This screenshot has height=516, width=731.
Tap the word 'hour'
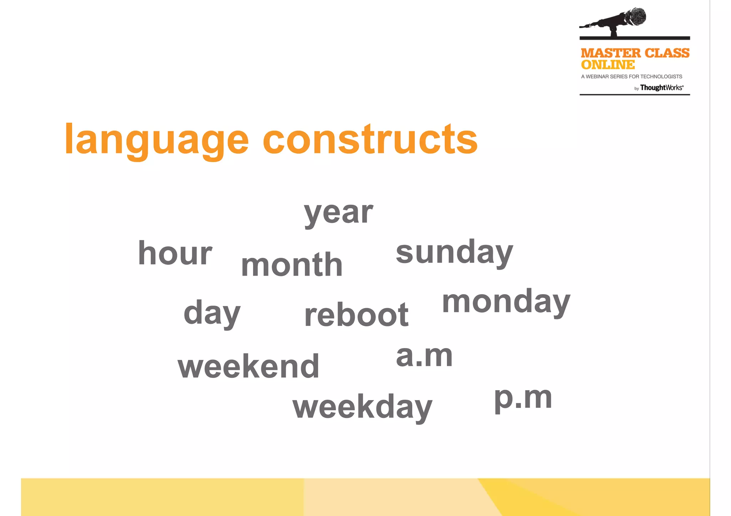(x=175, y=253)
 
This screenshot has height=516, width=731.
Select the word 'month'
(x=292, y=265)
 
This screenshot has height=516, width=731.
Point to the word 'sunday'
(x=454, y=252)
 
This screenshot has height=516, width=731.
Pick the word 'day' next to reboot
(x=212, y=313)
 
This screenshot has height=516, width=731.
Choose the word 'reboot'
(x=356, y=315)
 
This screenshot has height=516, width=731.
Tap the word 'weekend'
(x=248, y=366)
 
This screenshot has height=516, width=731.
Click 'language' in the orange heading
(x=156, y=140)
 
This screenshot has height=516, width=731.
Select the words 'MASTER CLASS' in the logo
(x=635, y=53)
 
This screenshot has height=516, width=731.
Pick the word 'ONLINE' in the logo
(x=608, y=65)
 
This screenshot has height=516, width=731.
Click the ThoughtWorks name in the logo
(x=661, y=88)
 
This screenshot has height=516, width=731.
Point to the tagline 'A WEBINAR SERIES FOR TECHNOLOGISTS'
(x=631, y=76)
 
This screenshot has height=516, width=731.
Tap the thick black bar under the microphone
(x=634, y=38)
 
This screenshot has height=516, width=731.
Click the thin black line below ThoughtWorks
(x=634, y=94)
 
